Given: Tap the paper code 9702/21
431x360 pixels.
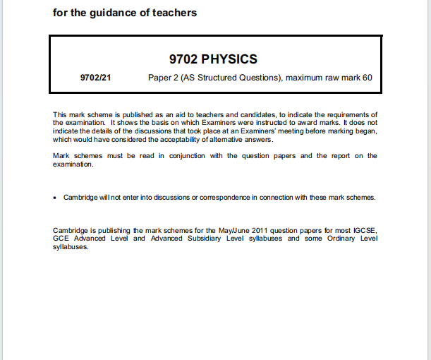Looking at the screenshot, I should [x=97, y=77].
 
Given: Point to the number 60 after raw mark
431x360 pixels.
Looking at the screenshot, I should [x=367, y=77].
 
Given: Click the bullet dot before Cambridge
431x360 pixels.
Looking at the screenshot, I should [x=55, y=198].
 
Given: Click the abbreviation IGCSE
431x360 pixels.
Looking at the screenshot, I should [x=364, y=231].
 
